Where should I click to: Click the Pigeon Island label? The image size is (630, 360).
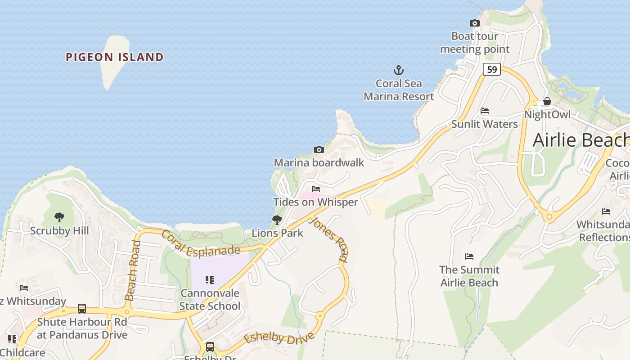click(x=114, y=57)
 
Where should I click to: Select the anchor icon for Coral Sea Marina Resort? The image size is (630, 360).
click(x=399, y=70)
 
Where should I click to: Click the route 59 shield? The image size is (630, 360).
click(x=492, y=69)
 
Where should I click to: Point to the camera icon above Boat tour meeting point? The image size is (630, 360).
click(x=474, y=23)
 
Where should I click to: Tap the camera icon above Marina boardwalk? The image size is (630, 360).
click(x=319, y=149)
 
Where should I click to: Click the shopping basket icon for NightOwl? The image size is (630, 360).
click(x=547, y=101)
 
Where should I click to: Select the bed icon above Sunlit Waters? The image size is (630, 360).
click(x=485, y=111)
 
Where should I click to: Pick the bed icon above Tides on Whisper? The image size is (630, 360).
click(x=316, y=189)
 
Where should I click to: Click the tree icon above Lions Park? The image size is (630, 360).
click(x=277, y=220)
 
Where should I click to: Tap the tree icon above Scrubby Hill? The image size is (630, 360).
click(x=59, y=218)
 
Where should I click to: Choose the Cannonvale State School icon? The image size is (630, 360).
click(x=210, y=280)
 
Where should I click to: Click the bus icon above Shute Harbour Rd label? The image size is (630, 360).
click(x=82, y=309)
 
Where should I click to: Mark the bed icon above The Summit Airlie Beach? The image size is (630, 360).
click(x=469, y=256)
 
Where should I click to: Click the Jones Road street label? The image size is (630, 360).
click(x=330, y=239)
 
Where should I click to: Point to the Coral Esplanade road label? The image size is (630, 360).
click(x=200, y=245)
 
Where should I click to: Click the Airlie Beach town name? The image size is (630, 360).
click(x=580, y=140)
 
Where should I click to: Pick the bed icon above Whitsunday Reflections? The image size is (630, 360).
click(x=606, y=211)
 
